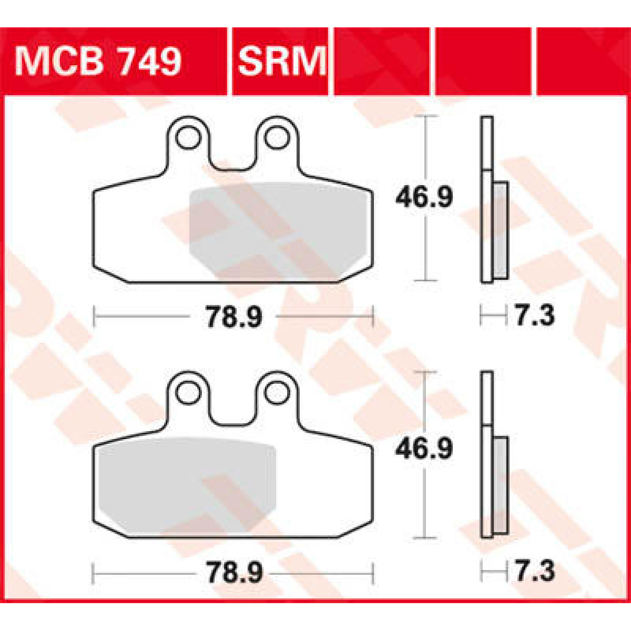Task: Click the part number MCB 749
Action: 98,62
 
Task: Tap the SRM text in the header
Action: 282,62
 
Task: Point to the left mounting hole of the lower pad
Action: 188,392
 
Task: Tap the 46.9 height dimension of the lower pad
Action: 424,450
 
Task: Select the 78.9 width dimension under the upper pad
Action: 233,317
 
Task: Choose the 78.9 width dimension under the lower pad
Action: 233,573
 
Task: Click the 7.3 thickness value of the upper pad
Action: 535,317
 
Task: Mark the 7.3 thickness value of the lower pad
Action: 535,572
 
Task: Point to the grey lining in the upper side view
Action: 501,230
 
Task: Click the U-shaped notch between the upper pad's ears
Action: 231,158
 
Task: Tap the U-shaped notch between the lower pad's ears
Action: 231,413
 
